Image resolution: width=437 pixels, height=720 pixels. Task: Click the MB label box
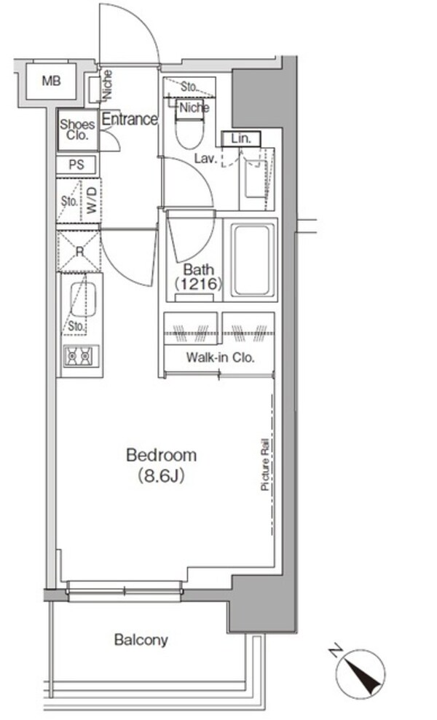50,81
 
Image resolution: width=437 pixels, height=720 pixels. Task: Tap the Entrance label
130,119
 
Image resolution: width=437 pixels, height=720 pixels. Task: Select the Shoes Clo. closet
77,130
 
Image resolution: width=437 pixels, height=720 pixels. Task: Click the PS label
76,165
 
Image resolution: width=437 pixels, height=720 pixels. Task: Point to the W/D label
92,197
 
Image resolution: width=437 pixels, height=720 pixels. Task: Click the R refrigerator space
79,250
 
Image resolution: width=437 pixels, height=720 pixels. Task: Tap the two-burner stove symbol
79,357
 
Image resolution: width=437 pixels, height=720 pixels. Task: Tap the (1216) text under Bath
197,285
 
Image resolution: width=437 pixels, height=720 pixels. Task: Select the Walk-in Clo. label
219,357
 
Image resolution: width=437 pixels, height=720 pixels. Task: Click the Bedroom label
161,456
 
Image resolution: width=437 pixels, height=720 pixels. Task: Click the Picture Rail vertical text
267,466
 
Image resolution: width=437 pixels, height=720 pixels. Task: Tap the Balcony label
141,641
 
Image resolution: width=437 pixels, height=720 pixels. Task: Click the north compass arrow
367,668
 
